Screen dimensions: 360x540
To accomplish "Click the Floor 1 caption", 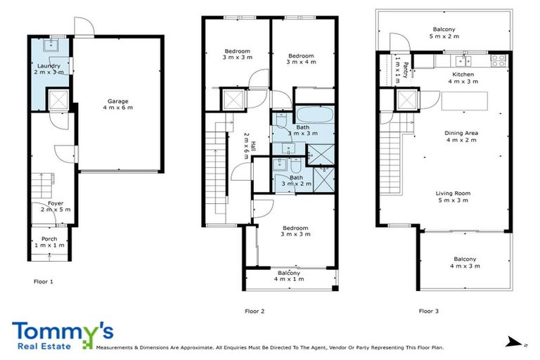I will click(44, 281).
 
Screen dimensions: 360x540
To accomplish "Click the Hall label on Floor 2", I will click(246, 146).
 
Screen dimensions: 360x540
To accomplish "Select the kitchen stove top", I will click(499, 60).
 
